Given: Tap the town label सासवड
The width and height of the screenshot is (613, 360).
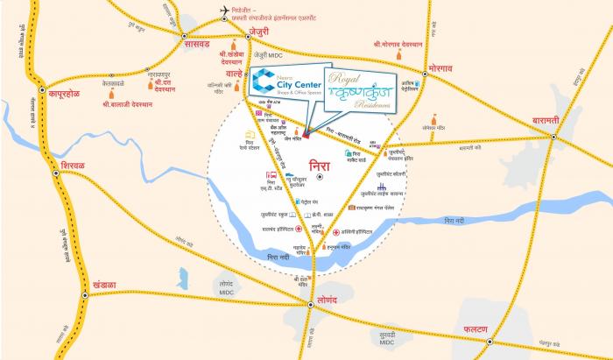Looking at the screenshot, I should point(193,41).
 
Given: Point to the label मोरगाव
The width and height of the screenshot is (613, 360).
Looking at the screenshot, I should point(446,67).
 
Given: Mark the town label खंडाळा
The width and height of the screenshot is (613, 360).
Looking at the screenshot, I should point(110,283).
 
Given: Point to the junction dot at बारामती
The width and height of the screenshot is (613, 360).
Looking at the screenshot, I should point(554,135).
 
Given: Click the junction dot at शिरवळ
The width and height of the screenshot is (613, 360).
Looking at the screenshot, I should point(56,173).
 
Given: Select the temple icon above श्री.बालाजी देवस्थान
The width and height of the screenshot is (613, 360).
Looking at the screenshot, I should point(111,93).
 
